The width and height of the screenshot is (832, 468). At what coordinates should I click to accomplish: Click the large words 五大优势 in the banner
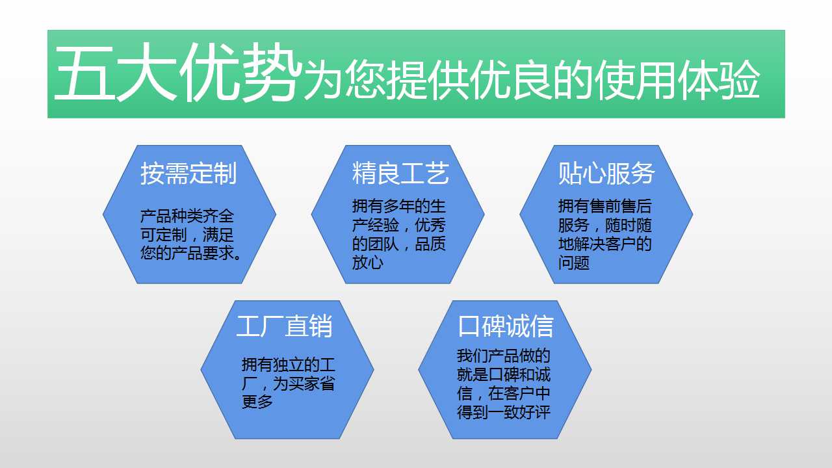(x=177, y=71)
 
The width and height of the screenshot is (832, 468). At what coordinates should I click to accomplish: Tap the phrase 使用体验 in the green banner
(x=677, y=80)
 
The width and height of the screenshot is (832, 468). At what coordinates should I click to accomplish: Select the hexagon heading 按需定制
(x=188, y=174)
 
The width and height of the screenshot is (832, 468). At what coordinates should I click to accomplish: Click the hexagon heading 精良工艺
(x=400, y=174)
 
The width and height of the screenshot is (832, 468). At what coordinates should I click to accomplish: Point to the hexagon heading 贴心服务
(x=606, y=174)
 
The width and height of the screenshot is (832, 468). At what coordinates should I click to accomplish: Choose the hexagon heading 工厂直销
(x=284, y=326)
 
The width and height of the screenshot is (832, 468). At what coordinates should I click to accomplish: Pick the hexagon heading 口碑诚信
(x=506, y=326)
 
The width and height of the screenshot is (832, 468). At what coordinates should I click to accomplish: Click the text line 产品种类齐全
(x=187, y=216)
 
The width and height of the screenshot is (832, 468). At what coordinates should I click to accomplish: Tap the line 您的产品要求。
(x=191, y=253)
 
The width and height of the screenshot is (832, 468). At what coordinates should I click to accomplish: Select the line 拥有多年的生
(x=398, y=207)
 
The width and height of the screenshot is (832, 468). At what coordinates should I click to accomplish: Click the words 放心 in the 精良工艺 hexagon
(x=367, y=263)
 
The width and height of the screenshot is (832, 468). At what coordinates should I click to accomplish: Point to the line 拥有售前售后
(x=604, y=207)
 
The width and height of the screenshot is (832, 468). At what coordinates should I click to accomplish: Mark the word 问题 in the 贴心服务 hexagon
(x=573, y=263)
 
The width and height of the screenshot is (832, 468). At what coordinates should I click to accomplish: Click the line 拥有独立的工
(x=288, y=365)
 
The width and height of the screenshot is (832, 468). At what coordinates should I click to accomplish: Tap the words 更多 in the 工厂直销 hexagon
(x=257, y=402)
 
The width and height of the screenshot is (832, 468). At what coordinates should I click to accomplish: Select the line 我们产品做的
(x=503, y=356)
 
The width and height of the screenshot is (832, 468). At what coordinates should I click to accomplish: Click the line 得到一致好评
(x=503, y=412)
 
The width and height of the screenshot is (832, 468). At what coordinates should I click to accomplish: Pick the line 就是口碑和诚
(x=503, y=374)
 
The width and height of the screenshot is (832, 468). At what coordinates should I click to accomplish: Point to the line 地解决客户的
(x=604, y=244)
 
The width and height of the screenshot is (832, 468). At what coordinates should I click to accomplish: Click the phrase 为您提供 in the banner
(x=386, y=80)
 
